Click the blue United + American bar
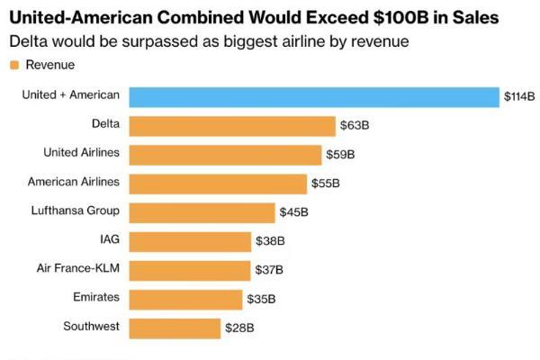[x=313, y=96]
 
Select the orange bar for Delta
[x=232, y=125]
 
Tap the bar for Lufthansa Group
[x=202, y=211]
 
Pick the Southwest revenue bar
[x=175, y=327]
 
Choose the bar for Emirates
[x=186, y=298]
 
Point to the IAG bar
[x=190, y=240]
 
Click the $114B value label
[x=519, y=97]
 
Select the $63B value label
[x=355, y=126]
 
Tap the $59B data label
[x=340, y=155]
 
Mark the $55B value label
[x=325, y=184]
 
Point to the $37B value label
[x=268, y=270]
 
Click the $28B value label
[x=238, y=328]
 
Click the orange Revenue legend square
[x=13, y=65]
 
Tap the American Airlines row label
[x=74, y=182]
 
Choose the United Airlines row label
[x=81, y=153]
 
